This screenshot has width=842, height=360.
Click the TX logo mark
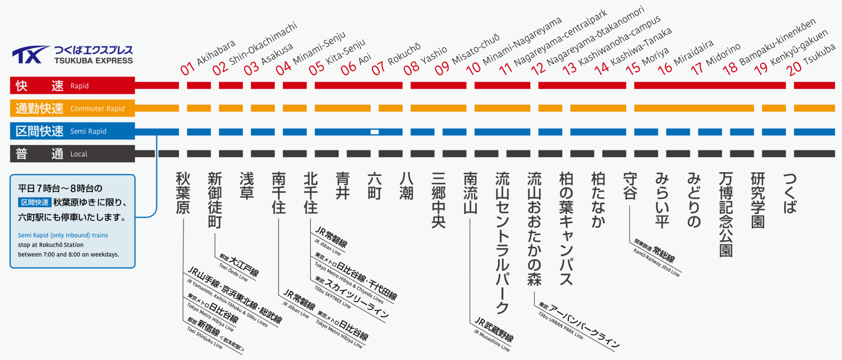click(x=31, y=55)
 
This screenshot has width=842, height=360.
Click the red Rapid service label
click(x=72, y=85)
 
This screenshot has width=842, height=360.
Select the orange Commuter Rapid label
click(x=72, y=108)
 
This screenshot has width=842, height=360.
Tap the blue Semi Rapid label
click(x=72, y=131)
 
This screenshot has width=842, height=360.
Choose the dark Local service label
click(x=72, y=154)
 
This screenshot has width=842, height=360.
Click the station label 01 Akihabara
click(x=208, y=58)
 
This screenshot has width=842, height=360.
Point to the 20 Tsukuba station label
click(x=811, y=60)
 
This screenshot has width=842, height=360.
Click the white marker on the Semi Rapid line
click(x=375, y=132)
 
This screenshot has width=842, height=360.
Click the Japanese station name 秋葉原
click(x=183, y=193)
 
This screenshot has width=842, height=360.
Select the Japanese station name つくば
click(x=790, y=193)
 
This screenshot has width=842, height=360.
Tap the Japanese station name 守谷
click(x=630, y=186)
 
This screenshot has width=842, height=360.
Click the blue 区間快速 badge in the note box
click(x=35, y=203)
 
